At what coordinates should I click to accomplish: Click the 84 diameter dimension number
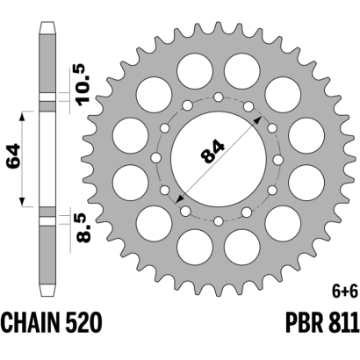[x=212, y=152]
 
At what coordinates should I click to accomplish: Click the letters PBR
[x=304, y=322]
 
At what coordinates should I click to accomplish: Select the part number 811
[x=343, y=322]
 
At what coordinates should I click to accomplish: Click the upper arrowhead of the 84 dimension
[x=258, y=119]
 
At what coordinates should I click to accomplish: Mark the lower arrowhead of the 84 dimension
[x=179, y=199]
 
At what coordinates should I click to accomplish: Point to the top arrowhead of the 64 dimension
[x=22, y=117]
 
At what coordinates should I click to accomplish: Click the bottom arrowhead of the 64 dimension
[x=22, y=202]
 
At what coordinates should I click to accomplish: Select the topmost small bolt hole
[x=219, y=97]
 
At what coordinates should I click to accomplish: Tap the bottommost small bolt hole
[x=219, y=221]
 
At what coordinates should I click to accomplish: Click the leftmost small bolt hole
[x=156, y=159]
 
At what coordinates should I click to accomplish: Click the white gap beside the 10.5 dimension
[x=47, y=97]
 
